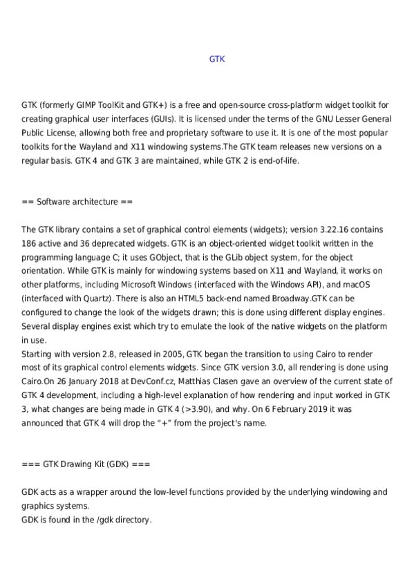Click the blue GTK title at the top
[216, 59]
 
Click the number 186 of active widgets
[29, 243]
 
